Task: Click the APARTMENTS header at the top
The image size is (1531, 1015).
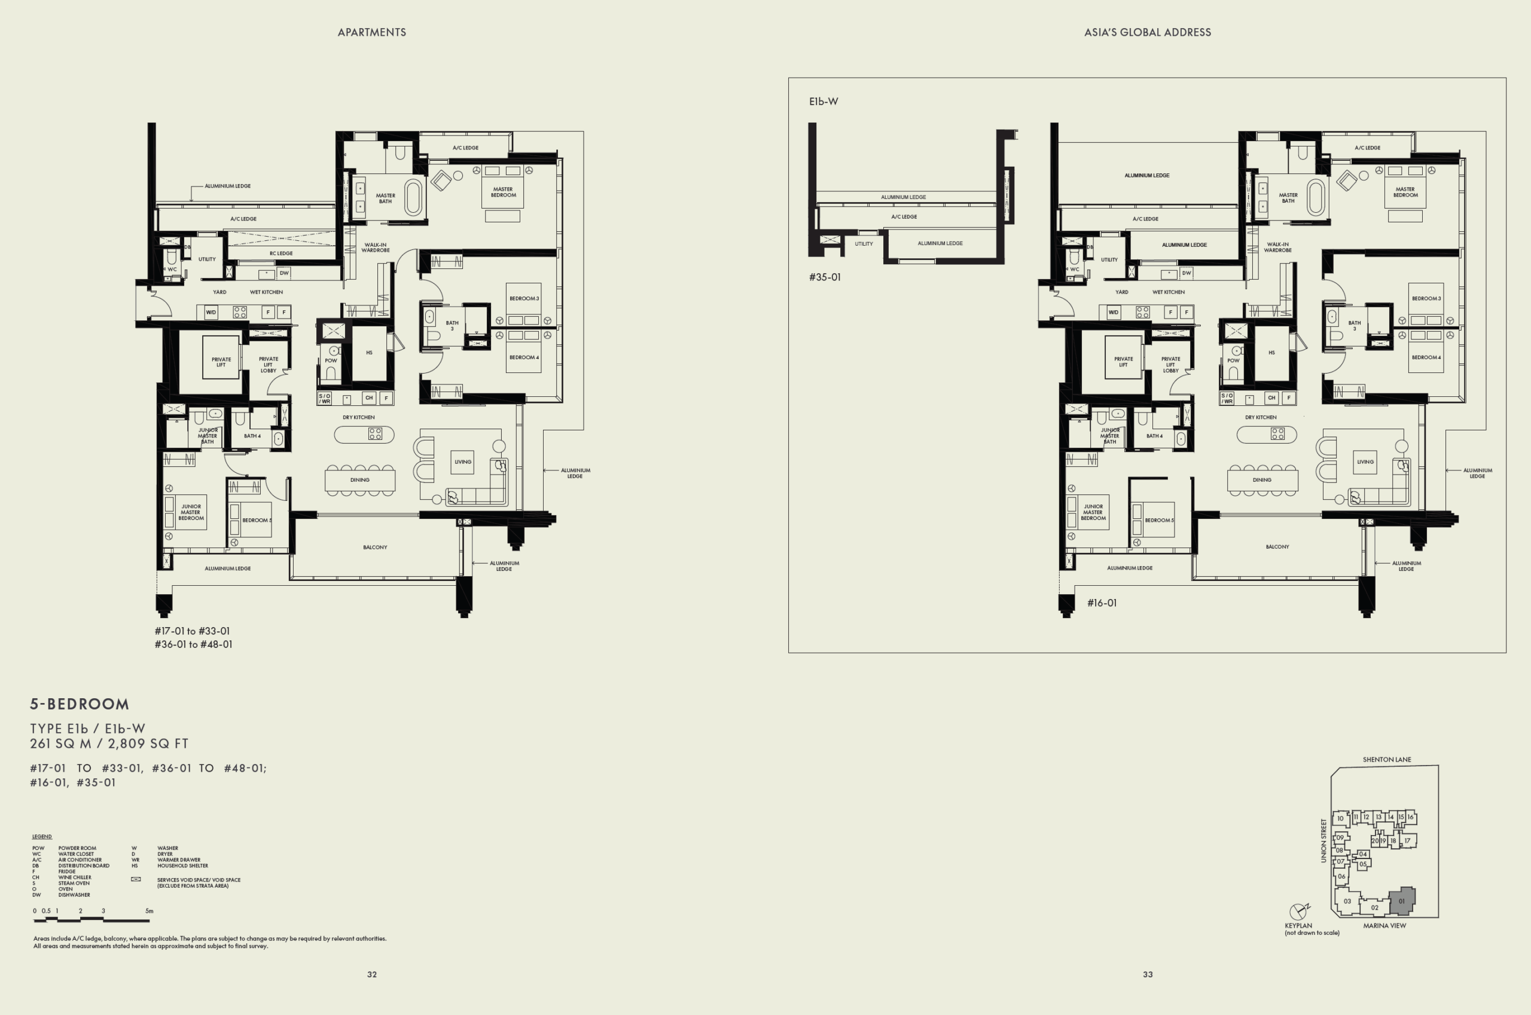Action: click(x=372, y=32)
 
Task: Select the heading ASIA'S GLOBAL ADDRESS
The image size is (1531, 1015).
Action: click(x=1147, y=32)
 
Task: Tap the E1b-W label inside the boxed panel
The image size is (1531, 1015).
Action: click(x=823, y=102)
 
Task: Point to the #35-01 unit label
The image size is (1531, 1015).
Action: click(x=825, y=277)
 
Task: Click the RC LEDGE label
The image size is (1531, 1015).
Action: click(x=280, y=253)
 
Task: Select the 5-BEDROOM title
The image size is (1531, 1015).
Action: click(x=80, y=704)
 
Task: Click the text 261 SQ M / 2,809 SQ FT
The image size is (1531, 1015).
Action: click(x=109, y=744)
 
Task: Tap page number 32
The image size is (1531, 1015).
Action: click(x=372, y=974)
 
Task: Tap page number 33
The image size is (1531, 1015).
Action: click(x=1147, y=974)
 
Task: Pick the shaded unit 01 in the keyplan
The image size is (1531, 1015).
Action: click(x=1401, y=900)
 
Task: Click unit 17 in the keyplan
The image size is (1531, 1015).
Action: click(x=1407, y=841)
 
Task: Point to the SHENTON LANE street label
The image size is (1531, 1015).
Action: click(x=1387, y=759)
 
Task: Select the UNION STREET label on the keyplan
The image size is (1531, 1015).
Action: click(x=1323, y=840)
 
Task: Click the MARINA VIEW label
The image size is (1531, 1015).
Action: click(x=1384, y=926)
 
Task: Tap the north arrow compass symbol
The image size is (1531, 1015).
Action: click(x=1298, y=912)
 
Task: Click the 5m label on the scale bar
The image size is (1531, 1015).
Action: click(x=150, y=911)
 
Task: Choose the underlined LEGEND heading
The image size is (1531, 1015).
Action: click(x=42, y=836)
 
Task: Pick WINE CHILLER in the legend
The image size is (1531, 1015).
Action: click(x=75, y=877)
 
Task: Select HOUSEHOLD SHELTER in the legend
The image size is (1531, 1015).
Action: click(x=182, y=866)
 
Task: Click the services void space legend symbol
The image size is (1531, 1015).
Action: click(x=135, y=879)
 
